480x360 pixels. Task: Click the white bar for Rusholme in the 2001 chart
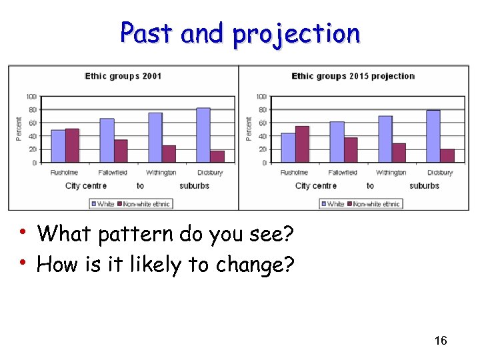(x=58, y=146)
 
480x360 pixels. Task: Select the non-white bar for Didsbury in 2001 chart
(x=217, y=156)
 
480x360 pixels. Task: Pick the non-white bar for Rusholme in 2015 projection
(x=302, y=144)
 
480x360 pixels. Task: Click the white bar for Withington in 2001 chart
(x=155, y=137)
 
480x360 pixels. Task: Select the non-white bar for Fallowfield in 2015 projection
(x=351, y=150)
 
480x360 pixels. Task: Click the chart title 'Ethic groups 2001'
(x=123, y=76)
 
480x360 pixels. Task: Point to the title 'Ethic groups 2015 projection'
(x=353, y=76)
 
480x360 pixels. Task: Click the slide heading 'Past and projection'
(x=240, y=33)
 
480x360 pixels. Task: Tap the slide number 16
(x=440, y=341)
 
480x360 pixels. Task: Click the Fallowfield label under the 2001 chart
(x=113, y=173)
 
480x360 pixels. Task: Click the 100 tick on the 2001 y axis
(x=32, y=97)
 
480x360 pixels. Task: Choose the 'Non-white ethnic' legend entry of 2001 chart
(x=146, y=204)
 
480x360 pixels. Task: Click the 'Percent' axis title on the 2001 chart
(x=19, y=129)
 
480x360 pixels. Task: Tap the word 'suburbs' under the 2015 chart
(x=424, y=186)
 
